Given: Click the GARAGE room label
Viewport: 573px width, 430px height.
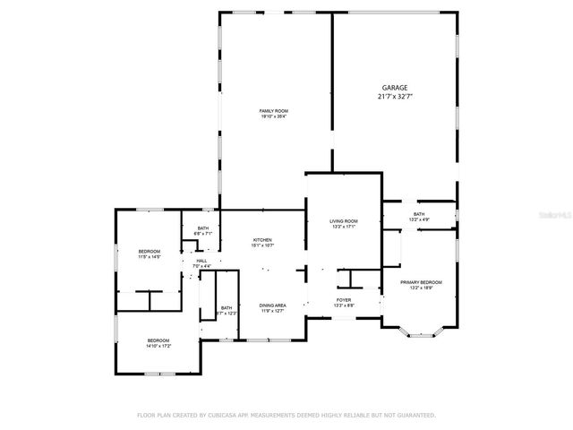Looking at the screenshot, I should click(395, 88).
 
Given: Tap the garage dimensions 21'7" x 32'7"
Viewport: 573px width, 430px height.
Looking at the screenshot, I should click(395, 96).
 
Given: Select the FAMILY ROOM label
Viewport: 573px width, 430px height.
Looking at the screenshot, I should click(274, 110).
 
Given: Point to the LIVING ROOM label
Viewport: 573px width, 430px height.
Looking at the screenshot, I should click(344, 220).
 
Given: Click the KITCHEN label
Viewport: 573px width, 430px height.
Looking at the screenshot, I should click(262, 239).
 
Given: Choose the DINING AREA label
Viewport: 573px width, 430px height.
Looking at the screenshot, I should click(273, 305).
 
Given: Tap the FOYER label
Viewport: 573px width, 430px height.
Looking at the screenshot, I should click(344, 300).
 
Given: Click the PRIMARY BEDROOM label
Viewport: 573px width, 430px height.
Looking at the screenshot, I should click(420, 283).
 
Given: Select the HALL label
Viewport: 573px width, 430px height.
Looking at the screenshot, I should click(201, 261).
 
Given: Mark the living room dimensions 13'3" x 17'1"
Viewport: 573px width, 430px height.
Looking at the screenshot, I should click(344, 227).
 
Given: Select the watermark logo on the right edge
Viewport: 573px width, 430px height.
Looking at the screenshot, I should click(559, 216).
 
